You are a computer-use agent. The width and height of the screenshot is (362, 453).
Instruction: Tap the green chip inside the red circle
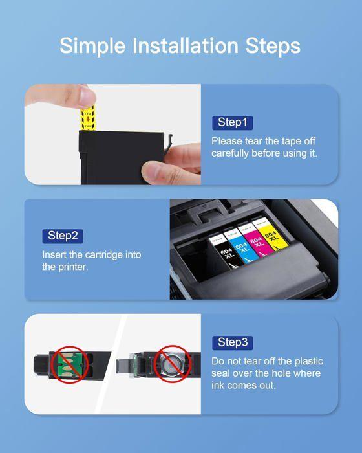pos(69,364)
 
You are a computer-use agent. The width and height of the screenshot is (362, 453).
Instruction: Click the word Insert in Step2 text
pos(55,254)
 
